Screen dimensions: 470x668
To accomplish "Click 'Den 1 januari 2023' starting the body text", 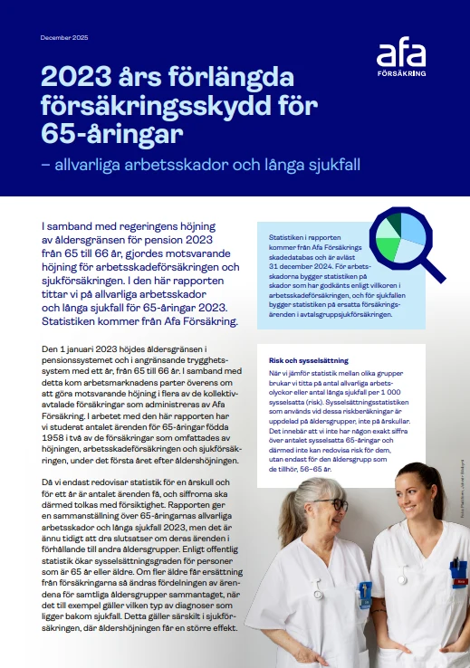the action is click(81, 349).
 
